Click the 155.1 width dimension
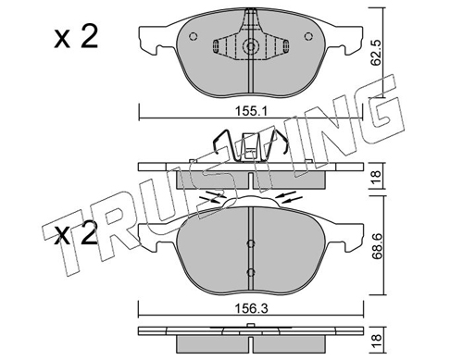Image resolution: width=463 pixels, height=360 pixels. tap(251, 111)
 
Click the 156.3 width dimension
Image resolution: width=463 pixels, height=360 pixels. tap(251, 308)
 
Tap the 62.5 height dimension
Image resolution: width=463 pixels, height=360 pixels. tap(376, 53)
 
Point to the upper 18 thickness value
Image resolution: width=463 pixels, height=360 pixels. tap(376, 177)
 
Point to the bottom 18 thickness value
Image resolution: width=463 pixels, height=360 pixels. tap(376, 341)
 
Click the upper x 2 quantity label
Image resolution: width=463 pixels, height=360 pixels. tap(76, 37)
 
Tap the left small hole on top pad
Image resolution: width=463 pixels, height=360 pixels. tap(193, 36)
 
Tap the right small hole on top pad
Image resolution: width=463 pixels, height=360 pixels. tap(307, 36)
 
